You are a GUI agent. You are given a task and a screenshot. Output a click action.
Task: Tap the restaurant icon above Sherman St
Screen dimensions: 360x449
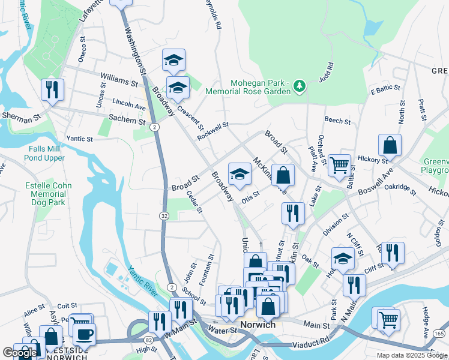pos(52,91)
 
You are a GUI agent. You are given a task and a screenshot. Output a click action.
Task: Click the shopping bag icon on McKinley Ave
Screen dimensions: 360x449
pos(283,176)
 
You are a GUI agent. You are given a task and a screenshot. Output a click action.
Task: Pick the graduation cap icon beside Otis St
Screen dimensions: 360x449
pos(239,175)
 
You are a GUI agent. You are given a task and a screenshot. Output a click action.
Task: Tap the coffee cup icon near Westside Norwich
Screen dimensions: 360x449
pos(84,333)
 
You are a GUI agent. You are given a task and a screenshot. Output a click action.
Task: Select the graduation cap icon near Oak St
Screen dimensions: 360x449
pos(343,259)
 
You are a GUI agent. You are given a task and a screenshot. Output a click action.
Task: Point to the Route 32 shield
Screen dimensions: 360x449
pos(164,215)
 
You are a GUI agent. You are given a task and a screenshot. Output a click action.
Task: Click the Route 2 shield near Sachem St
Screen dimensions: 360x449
pos(154,127)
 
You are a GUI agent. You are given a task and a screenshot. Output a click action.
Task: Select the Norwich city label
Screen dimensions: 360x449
pos(258,325)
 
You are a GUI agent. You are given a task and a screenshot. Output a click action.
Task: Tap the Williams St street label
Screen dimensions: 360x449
pos(119,79)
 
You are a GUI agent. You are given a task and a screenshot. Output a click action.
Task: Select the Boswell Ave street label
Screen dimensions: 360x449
pos(375,181)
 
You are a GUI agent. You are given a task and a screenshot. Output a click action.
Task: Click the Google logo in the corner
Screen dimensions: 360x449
pos(20,353)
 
